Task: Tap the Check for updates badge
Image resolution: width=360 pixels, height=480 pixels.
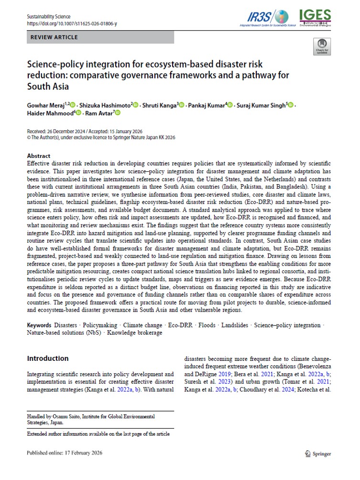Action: tap(322, 46)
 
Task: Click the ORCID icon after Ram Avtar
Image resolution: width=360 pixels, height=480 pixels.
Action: tap(118, 113)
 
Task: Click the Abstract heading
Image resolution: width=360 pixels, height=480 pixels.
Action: tap(39, 156)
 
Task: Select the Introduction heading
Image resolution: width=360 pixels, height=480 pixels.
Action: tap(48, 358)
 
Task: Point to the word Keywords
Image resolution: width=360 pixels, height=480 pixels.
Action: tap(40, 325)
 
